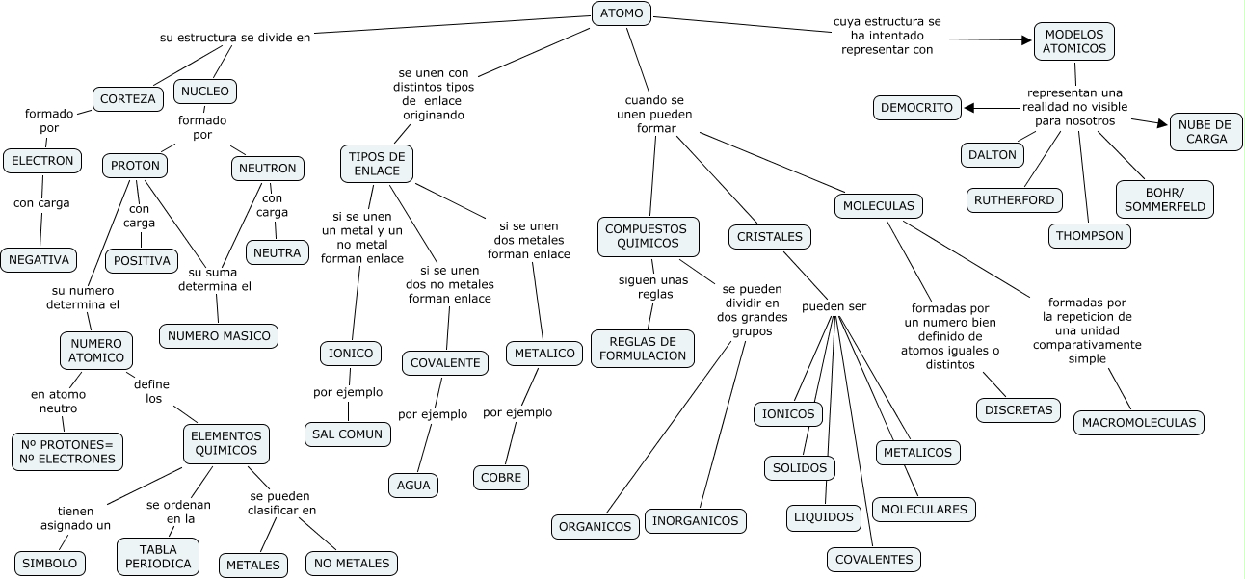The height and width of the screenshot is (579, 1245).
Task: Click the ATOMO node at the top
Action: pyautogui.click(x=622, y=13)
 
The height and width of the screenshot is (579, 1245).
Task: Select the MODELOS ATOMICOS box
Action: pyautogui.click(x=1073, y=41)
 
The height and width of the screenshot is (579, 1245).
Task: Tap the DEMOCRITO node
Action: pyautogui.click(x=916, y=108)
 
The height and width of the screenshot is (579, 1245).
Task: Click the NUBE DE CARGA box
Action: pyautogui.click(x=1205, y=132)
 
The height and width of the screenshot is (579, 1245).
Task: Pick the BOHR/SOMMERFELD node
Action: pyautogui.click(x=1164, y=199)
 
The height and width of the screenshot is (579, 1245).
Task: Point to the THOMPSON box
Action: pyautogui.click(x=1089, y=236)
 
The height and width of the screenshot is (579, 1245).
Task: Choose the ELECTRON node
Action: pyautogui.click(x=42, y=161)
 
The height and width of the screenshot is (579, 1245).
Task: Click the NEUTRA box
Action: pyautogui.click(x=277, y=252)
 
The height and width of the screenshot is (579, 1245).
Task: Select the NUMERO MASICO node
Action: pyautogui.click(x=219, y=336)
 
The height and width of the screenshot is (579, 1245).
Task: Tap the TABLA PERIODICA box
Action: pyautogui.click(x=158, y=557)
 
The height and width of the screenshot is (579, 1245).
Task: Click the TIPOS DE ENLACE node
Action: pyautogui.click(x=376, y=164)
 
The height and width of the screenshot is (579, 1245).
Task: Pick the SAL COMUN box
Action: pyautogui.click(x=347, y=434)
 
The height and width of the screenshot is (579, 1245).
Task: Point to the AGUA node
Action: pyautogui.click(x=413, y=486)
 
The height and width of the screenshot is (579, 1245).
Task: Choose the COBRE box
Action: pyautogui.click(x=501, y=478)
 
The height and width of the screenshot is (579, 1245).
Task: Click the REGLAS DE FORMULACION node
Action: pyautogui.click(x=643, y=349)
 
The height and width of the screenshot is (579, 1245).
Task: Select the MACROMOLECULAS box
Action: pyautogui.click(x=1138, y=423)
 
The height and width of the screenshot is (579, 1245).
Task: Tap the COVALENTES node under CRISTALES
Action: pyautogui.click(x=874, y=560)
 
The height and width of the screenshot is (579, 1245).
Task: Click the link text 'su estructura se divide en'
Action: pyautogui.click(x=235, y=38)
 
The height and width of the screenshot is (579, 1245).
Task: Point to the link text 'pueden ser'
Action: pyautogui.click(x=834, y=306)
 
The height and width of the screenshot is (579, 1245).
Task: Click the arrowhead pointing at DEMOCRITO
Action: pyautogui.click(x=969, y=108)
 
